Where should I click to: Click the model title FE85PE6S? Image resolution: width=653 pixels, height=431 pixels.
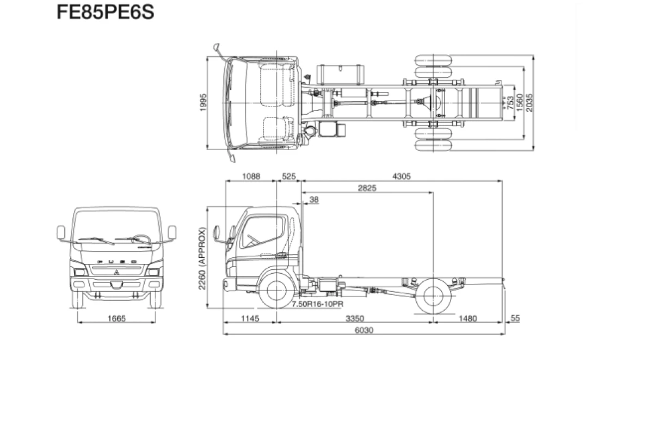[x=105, y=13]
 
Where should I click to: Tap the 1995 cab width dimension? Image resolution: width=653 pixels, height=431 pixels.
[x=203, y=102]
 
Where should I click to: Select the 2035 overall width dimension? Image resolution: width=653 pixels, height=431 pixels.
[x=529, y=103]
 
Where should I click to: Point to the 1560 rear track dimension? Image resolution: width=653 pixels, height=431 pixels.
[x=520, y=102]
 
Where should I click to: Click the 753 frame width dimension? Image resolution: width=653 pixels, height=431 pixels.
[x=510, y=103]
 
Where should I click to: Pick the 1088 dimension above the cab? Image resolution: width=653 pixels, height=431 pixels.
[x=251, y=176]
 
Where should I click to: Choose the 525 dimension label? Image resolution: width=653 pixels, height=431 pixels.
[x=289, y=176]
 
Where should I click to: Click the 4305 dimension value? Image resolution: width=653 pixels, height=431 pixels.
[x=402, y=176]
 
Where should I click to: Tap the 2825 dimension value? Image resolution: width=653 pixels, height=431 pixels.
[x=367, y=188]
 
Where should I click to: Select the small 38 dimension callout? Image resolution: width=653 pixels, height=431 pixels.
[x=314, y=200]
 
